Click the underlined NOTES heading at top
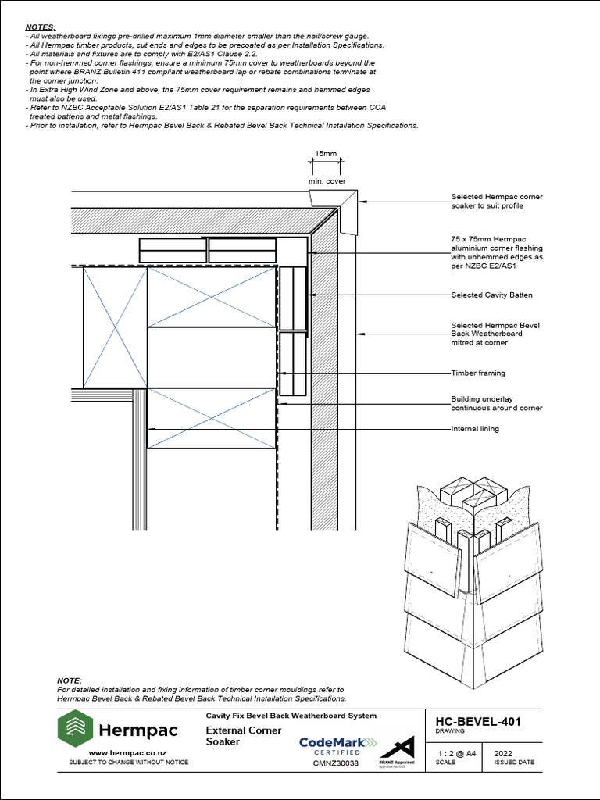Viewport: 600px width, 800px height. coord(40,27)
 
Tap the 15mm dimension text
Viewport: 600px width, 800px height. coord(325,154)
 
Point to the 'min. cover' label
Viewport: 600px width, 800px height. coord(325,180)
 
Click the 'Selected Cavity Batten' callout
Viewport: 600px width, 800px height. coord(491,295)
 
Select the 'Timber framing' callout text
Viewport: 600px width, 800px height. coord(477,373)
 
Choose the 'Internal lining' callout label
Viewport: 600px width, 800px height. coord(474,429)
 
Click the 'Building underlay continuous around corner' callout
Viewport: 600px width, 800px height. coord(496,403)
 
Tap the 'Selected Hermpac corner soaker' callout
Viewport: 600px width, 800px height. coord(496,201)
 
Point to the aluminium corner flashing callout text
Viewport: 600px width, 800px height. coord(496,252)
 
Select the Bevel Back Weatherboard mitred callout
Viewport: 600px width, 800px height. coord(495,334)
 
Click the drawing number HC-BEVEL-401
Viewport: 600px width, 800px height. coord(477,722)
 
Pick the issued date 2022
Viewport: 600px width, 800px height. coord(494,753)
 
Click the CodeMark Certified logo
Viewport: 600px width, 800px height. coord(337,745)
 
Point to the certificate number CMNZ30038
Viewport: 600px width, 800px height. coord(335,763)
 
